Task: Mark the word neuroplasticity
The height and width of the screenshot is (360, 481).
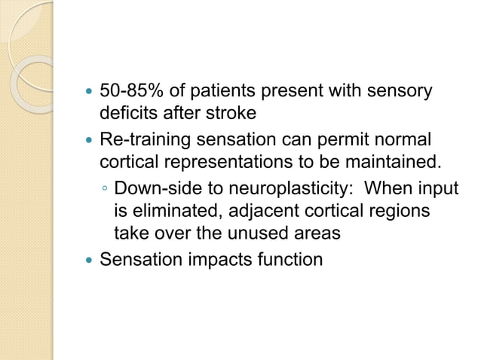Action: click(x=290, y=188)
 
